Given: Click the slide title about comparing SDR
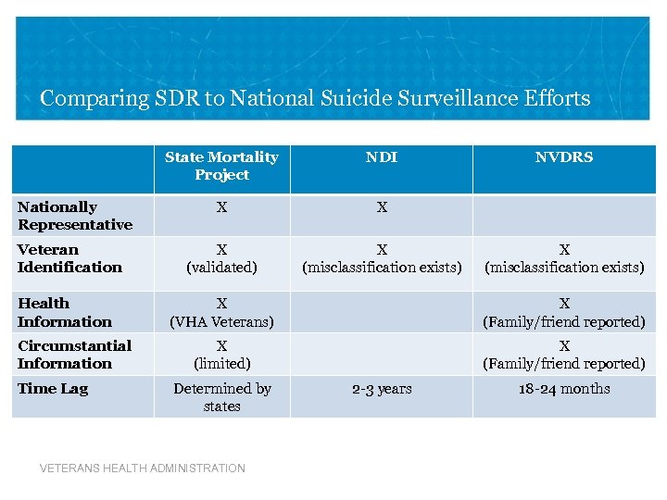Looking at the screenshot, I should tap(315, 98).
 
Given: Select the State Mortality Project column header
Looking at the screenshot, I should tap(221, 166).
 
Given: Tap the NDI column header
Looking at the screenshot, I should tap(381, 157).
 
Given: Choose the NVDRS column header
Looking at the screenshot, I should tap(564, 157).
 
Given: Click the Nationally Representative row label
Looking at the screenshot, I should tap(75, 216).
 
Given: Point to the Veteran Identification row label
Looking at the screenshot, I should tap(69, 258).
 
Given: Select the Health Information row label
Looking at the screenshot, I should tap(65, 312).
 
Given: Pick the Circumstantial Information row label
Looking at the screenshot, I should tap(74, 354).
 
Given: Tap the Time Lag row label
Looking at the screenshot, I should tap(53, 389).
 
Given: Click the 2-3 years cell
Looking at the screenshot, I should tap(382, 389).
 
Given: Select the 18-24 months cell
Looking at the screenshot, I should tap(564, 389).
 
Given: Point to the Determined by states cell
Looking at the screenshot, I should tap(221, 397).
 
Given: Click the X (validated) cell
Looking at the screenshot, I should tap(221, 258).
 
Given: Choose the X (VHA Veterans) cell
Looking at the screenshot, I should tap(221, 312).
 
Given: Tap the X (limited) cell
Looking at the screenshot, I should tap(221, 354).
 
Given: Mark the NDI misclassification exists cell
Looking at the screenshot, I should tap(382, 258).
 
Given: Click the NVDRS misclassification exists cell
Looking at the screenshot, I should tap(564, 258).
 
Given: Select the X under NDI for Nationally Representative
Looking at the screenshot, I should tap(382, 208).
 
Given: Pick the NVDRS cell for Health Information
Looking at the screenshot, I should tap(564, 312).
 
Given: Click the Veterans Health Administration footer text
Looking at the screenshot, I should tap(143, 469).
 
